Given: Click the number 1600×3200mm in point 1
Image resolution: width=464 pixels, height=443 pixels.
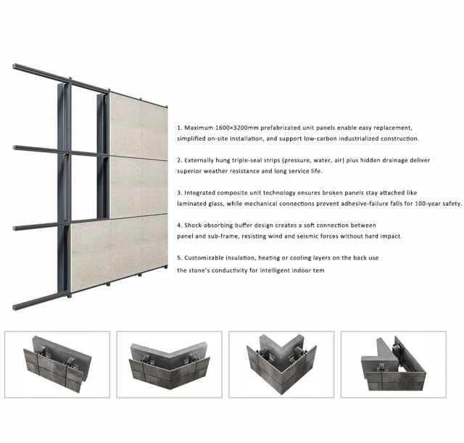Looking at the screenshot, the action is click(x=237, y=128).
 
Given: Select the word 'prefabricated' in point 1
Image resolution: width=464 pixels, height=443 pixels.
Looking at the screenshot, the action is click(x=280, y=128).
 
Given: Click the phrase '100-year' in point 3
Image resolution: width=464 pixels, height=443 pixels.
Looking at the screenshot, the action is click(x=427, y=204).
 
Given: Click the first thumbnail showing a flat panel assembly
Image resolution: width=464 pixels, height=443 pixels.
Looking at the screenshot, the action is click(x=57, y=365).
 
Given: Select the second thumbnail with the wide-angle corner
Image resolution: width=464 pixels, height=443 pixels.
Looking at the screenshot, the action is click(x=169, y=365).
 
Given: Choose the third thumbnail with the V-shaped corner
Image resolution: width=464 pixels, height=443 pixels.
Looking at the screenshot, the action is click(x=281, y=365).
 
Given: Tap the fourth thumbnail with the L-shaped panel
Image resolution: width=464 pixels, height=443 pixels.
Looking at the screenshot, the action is click(x=394, y=365).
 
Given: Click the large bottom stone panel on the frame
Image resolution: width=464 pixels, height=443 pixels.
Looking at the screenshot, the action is click(x=119, y=252).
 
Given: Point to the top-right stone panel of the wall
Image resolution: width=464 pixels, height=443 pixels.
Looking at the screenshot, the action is click(x=138, y=125).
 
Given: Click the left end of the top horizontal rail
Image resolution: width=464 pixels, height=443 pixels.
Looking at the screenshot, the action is click(x=14, y=66).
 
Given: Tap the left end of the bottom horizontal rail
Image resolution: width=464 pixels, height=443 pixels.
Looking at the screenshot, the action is click(x=14, y=307).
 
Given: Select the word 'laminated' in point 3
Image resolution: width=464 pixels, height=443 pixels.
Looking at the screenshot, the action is click(x=191, y=204).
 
